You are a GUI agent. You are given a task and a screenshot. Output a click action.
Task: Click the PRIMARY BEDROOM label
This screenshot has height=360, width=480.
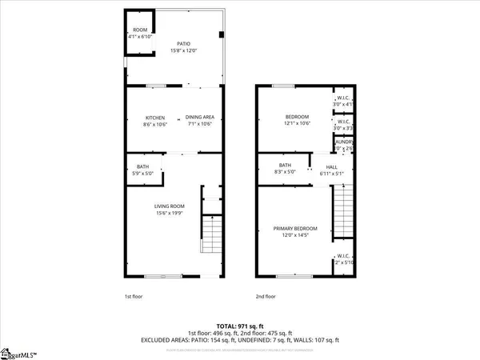click(x=295, y=229)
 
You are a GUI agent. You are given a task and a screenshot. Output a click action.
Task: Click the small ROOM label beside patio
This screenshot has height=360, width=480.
click(x=139, y=32)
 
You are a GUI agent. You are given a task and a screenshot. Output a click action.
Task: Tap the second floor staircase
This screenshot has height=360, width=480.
click(x=342, y=210)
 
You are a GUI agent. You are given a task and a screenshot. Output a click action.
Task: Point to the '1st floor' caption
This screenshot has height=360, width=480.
click(x=133, y=296)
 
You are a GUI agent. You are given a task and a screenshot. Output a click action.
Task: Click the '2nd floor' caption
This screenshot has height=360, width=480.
click(x=265, y=296)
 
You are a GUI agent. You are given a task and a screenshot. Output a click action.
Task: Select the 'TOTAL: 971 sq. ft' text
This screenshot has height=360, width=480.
click(x=239, y=326)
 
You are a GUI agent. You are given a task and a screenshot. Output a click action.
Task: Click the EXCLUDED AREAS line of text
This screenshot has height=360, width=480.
click(x=239, y=339)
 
